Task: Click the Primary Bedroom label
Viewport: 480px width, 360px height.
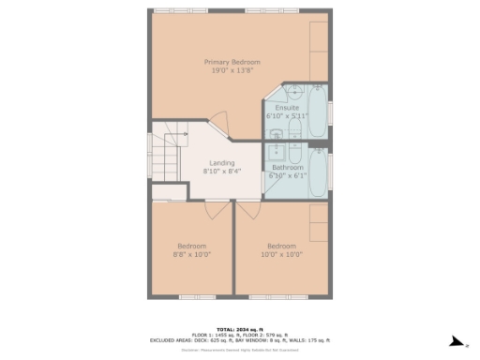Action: click(x=230, y=62)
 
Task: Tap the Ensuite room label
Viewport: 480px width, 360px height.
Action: click(x=287, y=108)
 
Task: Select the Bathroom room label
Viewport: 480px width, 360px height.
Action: click(x=288, y=168)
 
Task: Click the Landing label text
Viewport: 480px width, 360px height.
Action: click(x=221, y=163)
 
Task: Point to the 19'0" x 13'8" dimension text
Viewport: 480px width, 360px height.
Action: click(x=230, y=70)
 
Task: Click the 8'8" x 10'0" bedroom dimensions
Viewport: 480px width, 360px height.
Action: click(x=192, y=253)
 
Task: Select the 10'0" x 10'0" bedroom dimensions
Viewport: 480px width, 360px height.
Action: click(x=281, y=253)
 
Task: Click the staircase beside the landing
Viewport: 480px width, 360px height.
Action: click(x=165, y=155)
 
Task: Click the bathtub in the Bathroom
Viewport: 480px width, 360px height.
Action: click(x=317, y=172)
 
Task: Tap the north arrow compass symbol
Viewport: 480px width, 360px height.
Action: click(x=456, y=341)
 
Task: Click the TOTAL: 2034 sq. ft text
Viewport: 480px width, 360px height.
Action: click(x=239, y=329)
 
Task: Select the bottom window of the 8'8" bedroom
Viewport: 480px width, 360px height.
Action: click(x=191, y=296)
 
